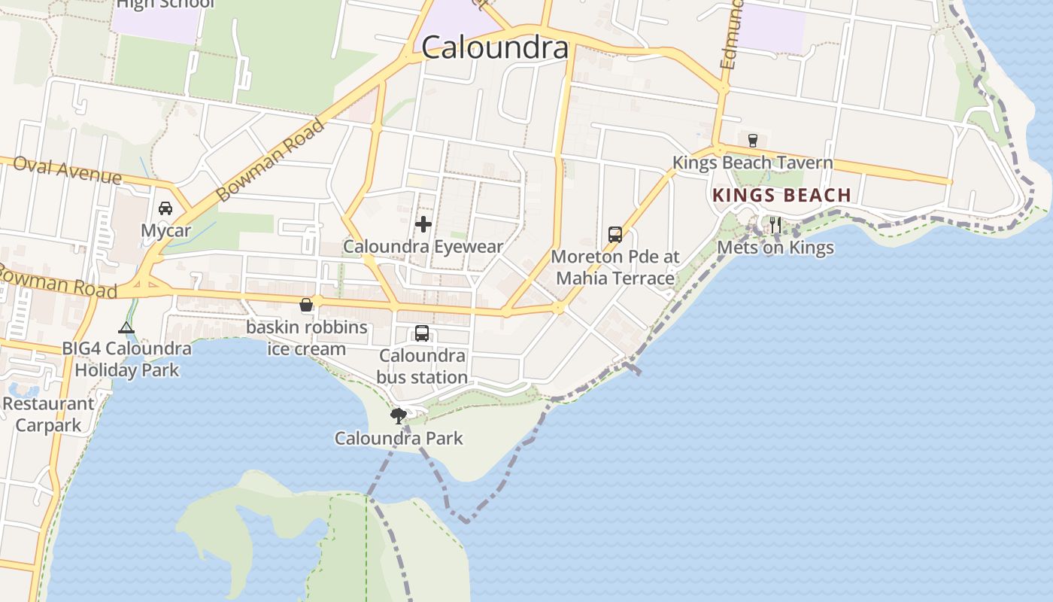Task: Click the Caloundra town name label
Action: coord(494,48)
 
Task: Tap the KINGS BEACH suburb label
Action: coord(781,196)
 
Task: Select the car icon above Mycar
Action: coord(165,208)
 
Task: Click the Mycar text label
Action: coord(165,230)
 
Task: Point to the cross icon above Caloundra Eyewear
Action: coord(423,223)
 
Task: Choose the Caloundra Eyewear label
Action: coord(423,246)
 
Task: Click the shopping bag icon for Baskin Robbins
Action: coord(306,305)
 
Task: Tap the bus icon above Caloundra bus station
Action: coord(422,333)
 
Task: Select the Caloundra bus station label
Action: coord(422,366)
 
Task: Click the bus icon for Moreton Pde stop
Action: coord(615,234)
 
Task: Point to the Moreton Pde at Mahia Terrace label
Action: coord(615,267)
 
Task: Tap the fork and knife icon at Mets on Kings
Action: coord(775,224)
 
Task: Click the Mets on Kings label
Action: coord(775,248)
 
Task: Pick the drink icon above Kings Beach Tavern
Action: coord(752,140)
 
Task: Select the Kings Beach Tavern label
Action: coord(752,163)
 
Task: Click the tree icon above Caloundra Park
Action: coord(398,415)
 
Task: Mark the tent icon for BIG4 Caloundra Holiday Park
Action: coord(126,327)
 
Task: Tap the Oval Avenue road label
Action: coord(67,170)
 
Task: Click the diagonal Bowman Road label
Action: coord(270,160)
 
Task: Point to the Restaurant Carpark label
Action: coord(48,414)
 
